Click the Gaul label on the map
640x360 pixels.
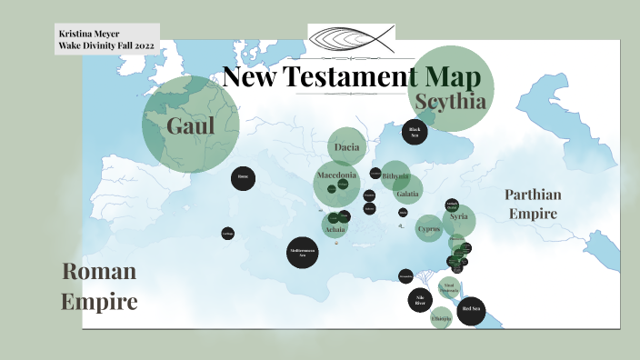(x=190, y=125)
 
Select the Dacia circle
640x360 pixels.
(x=347, y=146)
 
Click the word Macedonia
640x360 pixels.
(x=336, y=175)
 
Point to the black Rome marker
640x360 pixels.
(x=243, y=177)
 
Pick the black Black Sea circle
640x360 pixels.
(x=415, y=132)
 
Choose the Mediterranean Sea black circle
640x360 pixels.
(x=302, y=252)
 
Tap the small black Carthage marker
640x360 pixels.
(x=227, y=234)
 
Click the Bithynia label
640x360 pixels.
(x=395, y=176)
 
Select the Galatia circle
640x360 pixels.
(x=407, y=193)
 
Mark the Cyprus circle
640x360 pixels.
(x=429, y=229)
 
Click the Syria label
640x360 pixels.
(x=458, y=216)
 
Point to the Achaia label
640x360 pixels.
(x=335, y=229)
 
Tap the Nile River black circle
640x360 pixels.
(x=420, y=300)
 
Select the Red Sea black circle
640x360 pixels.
(x=471, y=310)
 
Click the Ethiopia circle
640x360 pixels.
(x=441, y=318)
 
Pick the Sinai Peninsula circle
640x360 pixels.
(x=447, y=288)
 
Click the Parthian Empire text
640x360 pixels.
(x=534, y=204)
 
